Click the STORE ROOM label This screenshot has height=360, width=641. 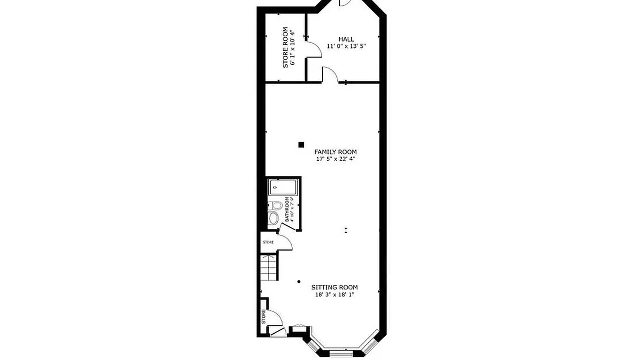click(x=285, y=48)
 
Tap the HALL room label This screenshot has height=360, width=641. click(x=346, y=39)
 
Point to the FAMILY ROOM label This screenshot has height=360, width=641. click(x=335, y=152)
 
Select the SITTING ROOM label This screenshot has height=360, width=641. click(x=335, y=287)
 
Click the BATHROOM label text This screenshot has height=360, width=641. click(x=287, y=209)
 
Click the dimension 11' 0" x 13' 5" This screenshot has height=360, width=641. click(x=343, y=46)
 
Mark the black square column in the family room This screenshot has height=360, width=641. click(x=301, y=144)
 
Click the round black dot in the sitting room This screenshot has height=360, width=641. click(x=299, y=282)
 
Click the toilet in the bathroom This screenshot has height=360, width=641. click(x=276, y=206)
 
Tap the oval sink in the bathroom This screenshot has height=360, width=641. click(x=274, y=219)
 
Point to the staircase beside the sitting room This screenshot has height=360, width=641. click(x=269, y=268)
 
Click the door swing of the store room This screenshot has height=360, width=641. click(x=314, y=50)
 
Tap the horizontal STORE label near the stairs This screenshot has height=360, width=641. click(x=268, y=243)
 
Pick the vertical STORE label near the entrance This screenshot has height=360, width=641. click(x=264, y=316)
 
